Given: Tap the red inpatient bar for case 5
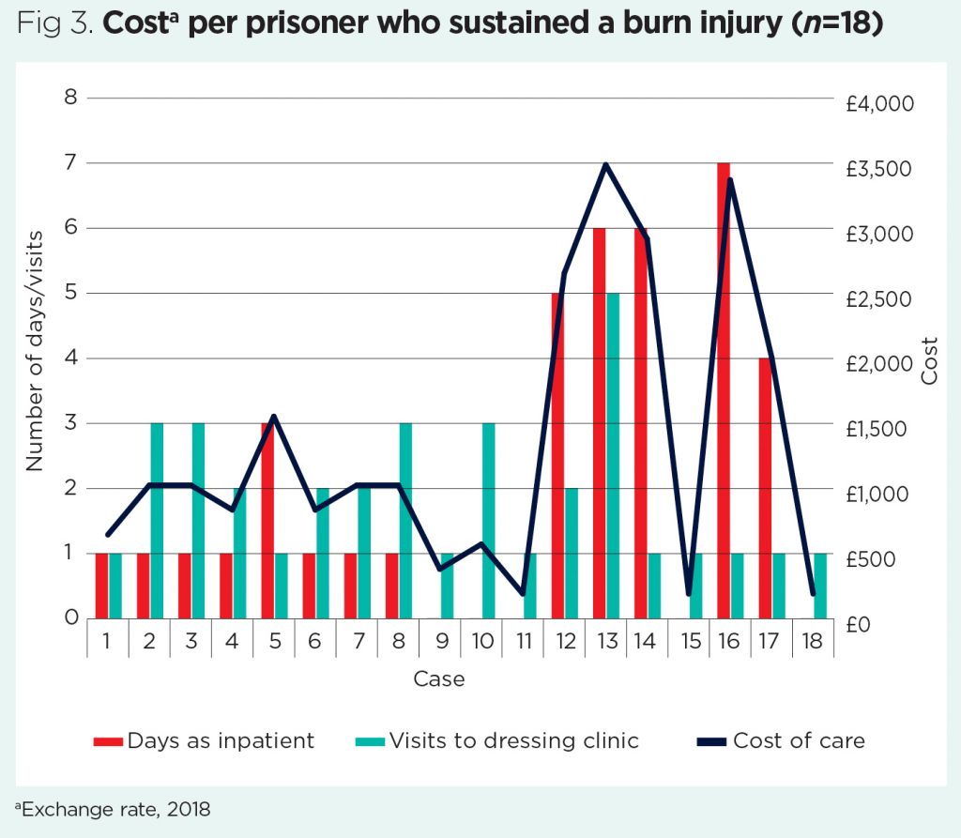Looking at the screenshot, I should point(267,521).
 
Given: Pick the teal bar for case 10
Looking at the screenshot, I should point(488,521).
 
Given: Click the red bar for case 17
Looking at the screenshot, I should point(765,488).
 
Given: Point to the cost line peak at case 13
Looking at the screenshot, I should point(606,165).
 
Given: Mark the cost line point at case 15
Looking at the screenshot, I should point(688,593).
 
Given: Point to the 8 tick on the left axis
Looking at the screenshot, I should point(69,98).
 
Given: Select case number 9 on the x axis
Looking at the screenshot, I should point(439,642).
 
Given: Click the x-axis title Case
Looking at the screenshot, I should point(439,678).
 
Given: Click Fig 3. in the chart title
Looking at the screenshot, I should point(53,24).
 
